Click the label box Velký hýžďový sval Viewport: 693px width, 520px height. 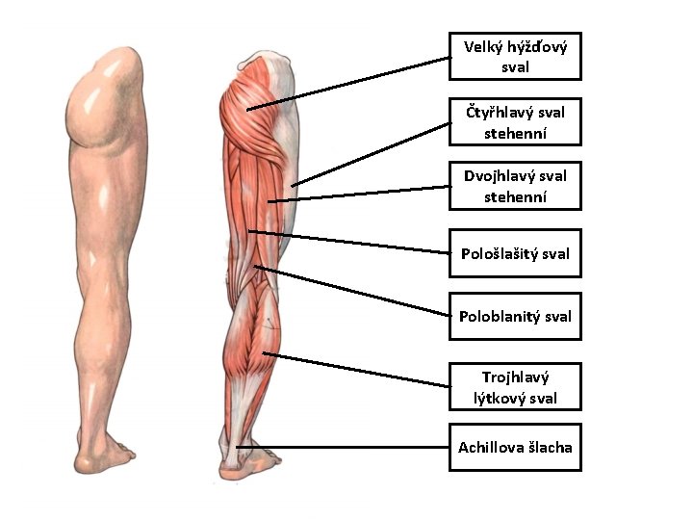pos(515,56)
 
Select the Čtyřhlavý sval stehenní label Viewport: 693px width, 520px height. pos(515,122)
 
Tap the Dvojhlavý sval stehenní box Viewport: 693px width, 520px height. pos(515,186)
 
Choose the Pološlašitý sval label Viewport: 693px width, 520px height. pos(515,253)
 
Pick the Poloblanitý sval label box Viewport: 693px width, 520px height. pos(515,316)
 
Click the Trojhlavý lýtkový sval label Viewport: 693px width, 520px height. pos(515,387)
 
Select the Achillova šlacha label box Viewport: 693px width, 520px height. pos(515,447)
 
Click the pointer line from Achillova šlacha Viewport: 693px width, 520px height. pos(343,447)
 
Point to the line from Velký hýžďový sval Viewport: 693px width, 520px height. pos(348,84)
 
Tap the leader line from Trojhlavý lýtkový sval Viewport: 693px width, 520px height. pos(356,370)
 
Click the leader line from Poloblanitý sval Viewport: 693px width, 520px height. pos(352,291)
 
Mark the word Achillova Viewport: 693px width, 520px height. pos(483,447)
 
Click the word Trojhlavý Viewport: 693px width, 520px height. pos(515,377)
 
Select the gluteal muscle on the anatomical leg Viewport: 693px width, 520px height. pos(252,111)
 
